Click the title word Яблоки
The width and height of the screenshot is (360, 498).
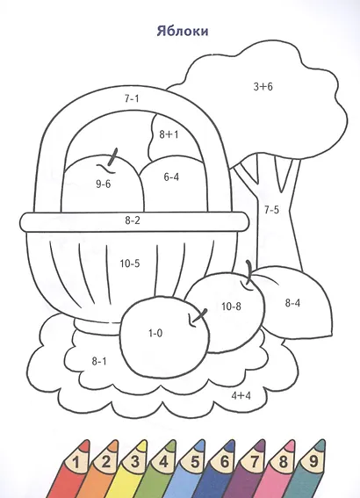(183, 32)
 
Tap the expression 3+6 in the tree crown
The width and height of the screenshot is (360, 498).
(263, 86)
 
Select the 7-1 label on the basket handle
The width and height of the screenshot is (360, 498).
(132, 98)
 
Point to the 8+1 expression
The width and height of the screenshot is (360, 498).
(169, 134)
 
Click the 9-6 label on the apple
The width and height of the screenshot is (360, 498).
(104, 184)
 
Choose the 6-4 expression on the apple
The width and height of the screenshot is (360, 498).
(171, 177)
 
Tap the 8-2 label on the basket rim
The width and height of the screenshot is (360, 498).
(133, 220)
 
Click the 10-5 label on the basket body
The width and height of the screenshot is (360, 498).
(130, 263)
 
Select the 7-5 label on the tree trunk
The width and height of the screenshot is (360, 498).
(271, 210)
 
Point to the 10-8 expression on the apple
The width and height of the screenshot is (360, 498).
(231, 307)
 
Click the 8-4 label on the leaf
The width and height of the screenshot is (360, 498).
(292, 303)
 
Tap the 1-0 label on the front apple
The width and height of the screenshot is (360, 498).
(155, 333)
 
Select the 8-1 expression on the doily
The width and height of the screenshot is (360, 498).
(99, 361)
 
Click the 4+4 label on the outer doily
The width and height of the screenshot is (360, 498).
(241, 396)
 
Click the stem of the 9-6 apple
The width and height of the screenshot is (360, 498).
(112, 157)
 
